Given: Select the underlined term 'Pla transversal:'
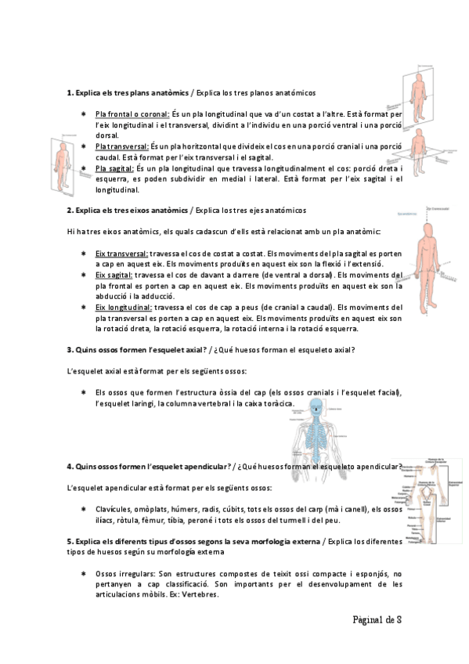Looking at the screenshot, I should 121,146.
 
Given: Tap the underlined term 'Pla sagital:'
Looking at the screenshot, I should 114,168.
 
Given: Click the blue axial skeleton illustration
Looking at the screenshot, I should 315,427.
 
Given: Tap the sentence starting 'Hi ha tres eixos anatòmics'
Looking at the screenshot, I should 224,232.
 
